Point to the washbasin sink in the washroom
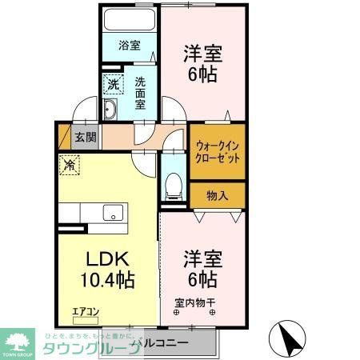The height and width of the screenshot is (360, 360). point(113,110)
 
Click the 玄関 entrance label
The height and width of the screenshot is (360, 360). point(85,137)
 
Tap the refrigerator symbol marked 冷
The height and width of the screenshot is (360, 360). point(70,166)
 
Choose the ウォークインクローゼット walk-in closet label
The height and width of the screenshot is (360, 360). point(217,151)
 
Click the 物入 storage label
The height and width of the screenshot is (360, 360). point(217,195)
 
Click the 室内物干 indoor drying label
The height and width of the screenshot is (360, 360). point(195,302)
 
